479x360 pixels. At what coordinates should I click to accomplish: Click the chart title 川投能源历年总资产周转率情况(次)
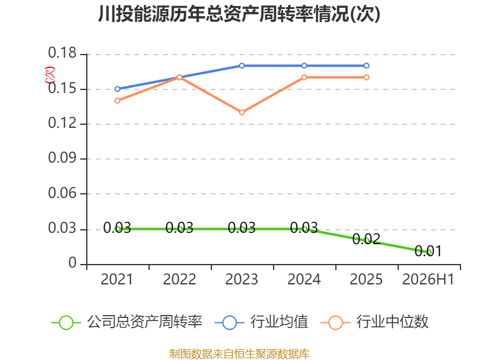pos(239,14)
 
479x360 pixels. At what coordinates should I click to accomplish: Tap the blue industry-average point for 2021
pos(117,89)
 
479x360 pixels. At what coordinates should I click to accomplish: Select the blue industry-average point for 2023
pos(242,66)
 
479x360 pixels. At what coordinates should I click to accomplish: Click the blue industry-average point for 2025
pos(366,66)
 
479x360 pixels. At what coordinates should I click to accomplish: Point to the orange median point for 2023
pos(242,112)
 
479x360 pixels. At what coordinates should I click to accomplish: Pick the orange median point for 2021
pos(117,101)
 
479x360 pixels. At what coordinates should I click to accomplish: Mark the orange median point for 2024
pos(304,77)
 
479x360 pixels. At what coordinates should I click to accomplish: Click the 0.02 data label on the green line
pos(366,239)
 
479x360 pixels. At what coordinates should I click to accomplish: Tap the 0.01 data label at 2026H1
pos(428,251)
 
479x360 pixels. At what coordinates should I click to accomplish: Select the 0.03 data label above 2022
pos(179,228)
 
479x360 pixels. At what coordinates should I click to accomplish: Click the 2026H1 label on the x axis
pos(428,280)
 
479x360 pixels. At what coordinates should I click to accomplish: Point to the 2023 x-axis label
pos(242,280)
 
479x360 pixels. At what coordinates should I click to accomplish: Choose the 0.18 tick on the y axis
pos(62,53)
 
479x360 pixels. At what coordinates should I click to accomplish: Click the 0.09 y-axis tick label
pos(62,158)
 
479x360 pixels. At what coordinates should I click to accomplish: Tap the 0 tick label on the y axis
pos(72,263)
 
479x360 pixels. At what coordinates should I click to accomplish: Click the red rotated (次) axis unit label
pos(50,75)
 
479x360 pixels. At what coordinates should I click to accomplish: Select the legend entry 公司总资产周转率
pos(127,322)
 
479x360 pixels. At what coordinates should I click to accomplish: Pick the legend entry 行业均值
pos(262,322)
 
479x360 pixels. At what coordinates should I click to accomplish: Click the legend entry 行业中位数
pos(375,322)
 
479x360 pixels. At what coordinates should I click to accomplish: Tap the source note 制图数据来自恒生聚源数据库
pos(239,354)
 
